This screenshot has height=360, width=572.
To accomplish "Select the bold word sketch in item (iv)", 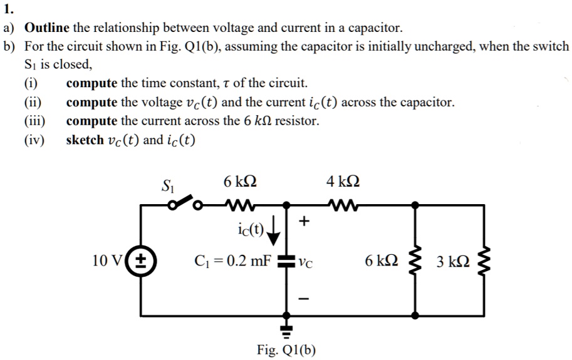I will [x=84, y=140].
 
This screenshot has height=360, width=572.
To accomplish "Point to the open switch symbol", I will [x=184, y=202].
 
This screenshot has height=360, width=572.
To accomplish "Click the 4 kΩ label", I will [x=343, y=182].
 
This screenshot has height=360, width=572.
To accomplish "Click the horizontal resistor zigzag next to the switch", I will [x=238, y=203].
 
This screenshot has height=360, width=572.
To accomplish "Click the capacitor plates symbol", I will [x=287, y=262].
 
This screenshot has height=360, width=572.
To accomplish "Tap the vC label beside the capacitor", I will [x=306, y=262].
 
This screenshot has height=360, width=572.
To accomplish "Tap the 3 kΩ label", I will [x=453, y=262].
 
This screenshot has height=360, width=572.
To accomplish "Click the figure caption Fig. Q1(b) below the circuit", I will [x=286, y=350].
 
